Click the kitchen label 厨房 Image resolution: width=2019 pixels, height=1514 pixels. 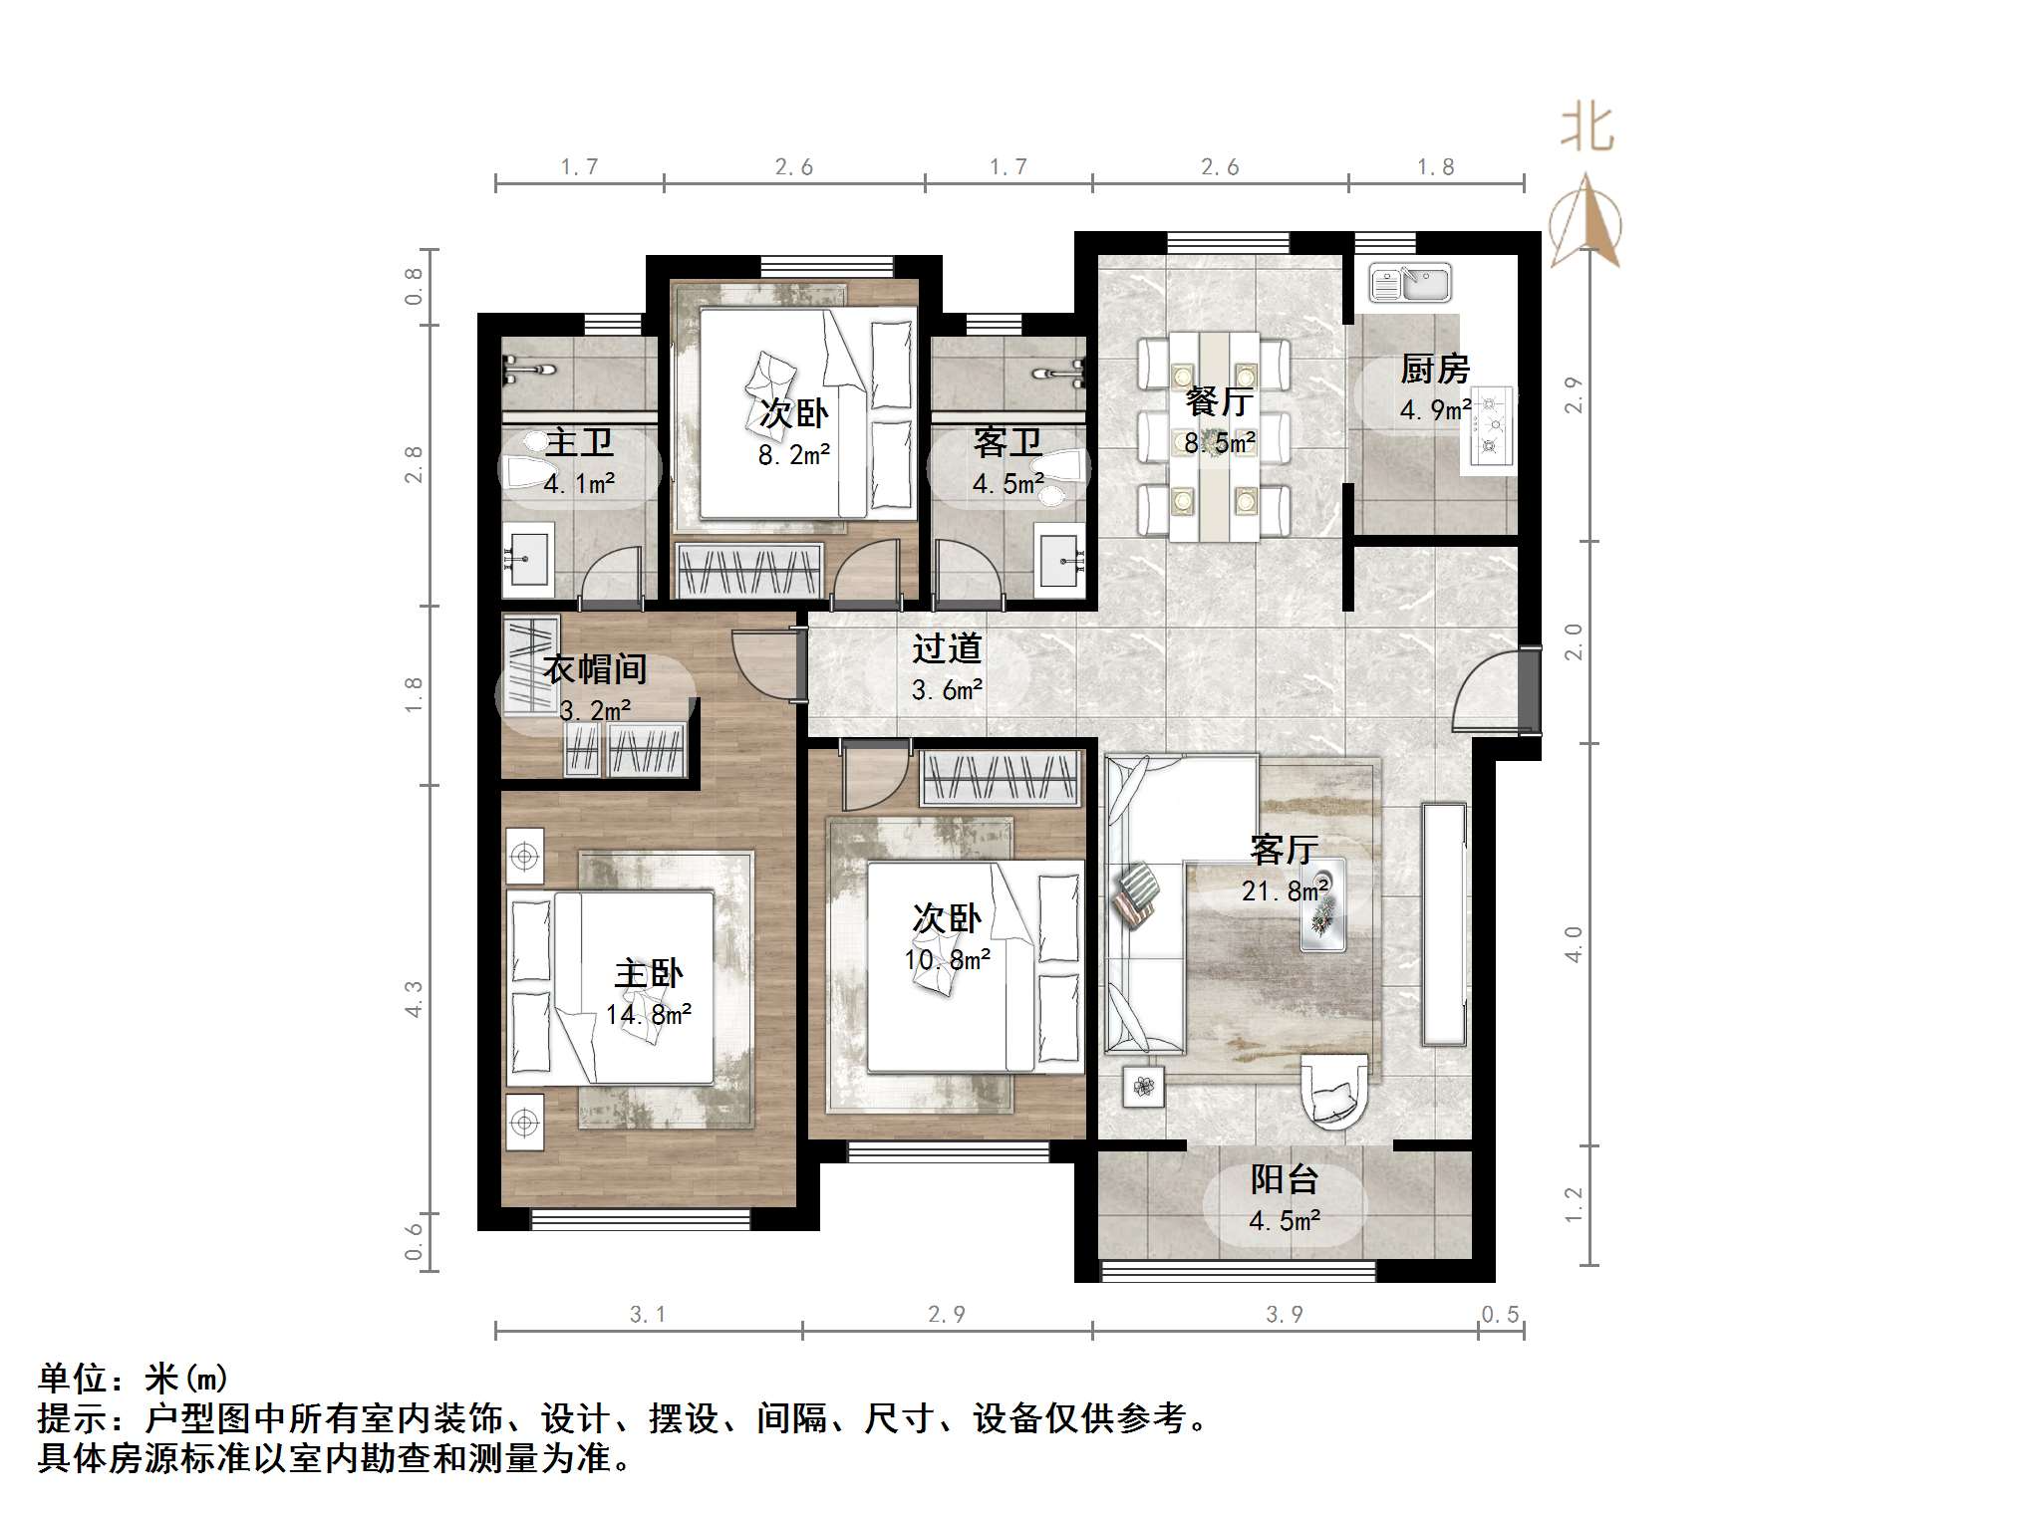tap(1434, 370)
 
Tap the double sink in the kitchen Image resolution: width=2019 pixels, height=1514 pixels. tap(1409, 283)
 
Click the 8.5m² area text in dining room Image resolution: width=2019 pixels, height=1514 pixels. tap(1219, 442)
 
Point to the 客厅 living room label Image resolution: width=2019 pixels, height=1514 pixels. tap(1284, 850)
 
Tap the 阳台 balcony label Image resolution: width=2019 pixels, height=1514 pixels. tap(1284, 1180)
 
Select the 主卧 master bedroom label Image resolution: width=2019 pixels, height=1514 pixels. tap(648, 974)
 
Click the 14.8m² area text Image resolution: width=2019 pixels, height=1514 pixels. tap(648, 1015)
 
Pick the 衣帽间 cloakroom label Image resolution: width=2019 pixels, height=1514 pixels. tap(594, 669)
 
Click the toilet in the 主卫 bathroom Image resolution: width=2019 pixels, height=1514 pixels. tap(529, 472)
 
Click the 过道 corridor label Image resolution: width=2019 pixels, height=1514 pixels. tap(947, 649)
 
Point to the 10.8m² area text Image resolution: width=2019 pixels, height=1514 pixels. tap(947, 959)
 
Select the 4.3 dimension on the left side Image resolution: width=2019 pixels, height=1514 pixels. tap(414, 998)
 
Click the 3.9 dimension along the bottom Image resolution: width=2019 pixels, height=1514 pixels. tap(1284, 1315)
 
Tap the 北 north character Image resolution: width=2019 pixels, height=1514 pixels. tap(1586, 128)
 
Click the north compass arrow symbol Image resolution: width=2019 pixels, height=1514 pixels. tap(1586, 223)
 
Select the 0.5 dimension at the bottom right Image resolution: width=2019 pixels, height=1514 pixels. tap(1500, 1315)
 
